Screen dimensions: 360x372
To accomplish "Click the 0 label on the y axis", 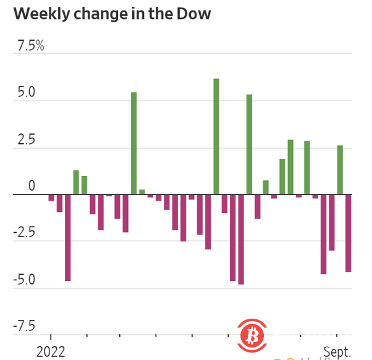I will (32, 186).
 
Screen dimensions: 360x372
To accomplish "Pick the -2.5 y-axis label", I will (24, 233).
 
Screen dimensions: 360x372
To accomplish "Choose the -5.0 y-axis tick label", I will (24, 280).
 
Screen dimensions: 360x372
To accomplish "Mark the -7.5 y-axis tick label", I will (24, 326).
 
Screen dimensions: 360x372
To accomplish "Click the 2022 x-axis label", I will (51, 352).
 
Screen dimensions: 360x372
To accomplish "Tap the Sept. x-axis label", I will (338, 352).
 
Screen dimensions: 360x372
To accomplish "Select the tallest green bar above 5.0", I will (216, 136).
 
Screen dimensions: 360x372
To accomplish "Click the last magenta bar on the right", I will (348, 233).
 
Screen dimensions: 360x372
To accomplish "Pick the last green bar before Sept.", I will (340, 170).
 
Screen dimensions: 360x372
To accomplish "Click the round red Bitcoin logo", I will (252, 337).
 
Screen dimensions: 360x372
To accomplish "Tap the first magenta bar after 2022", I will (51, 198).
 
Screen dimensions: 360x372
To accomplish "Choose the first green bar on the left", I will (76, 182).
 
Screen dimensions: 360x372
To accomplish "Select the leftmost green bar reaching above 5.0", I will (133, 143).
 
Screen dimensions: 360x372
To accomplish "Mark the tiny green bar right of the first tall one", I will (142, 192).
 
